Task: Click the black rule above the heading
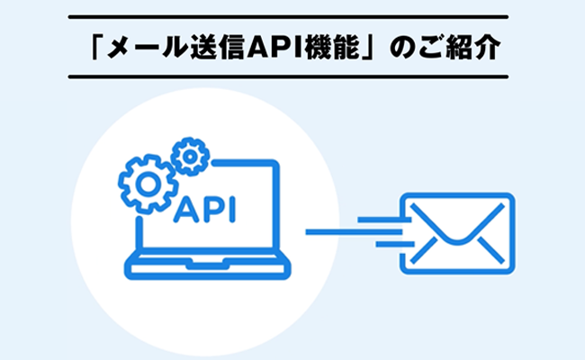(292, 17)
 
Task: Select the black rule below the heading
(292, 77)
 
